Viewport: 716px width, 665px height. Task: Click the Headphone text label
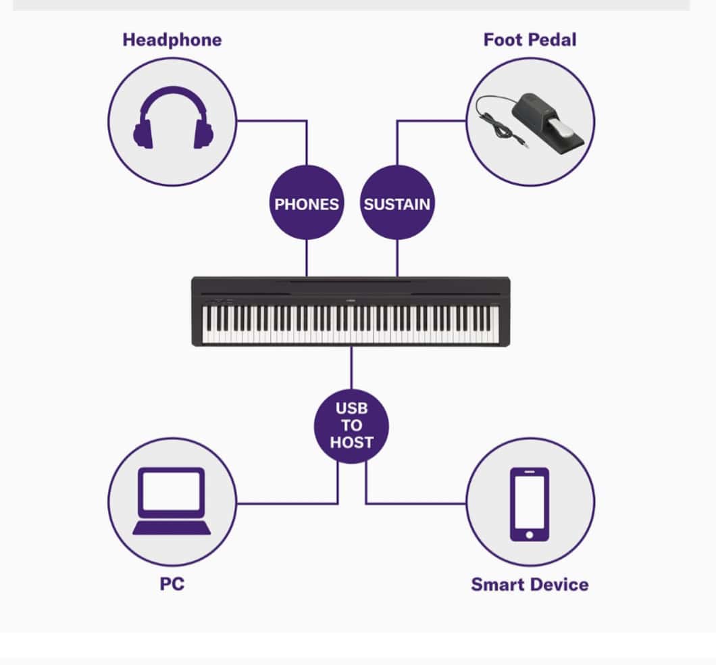click(172, 40)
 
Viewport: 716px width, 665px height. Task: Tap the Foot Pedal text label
click(530, 40)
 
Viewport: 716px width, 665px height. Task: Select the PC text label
click(172, 584)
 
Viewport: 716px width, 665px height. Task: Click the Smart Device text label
click(530, 585)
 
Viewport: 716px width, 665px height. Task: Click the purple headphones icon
click(173, 118)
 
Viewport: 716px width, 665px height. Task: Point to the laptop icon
click(172, 501)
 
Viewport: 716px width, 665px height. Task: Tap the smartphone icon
click(530, 504)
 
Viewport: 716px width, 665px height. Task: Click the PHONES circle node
click(307, 202)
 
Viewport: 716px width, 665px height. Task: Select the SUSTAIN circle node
click(397, 202)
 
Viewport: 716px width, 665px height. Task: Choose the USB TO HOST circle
click(352, 426)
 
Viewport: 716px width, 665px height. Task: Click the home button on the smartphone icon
click(530, 535)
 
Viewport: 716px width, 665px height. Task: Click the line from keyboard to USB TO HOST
click(352, 368)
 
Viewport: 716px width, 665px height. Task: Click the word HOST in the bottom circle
click(352, 442)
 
